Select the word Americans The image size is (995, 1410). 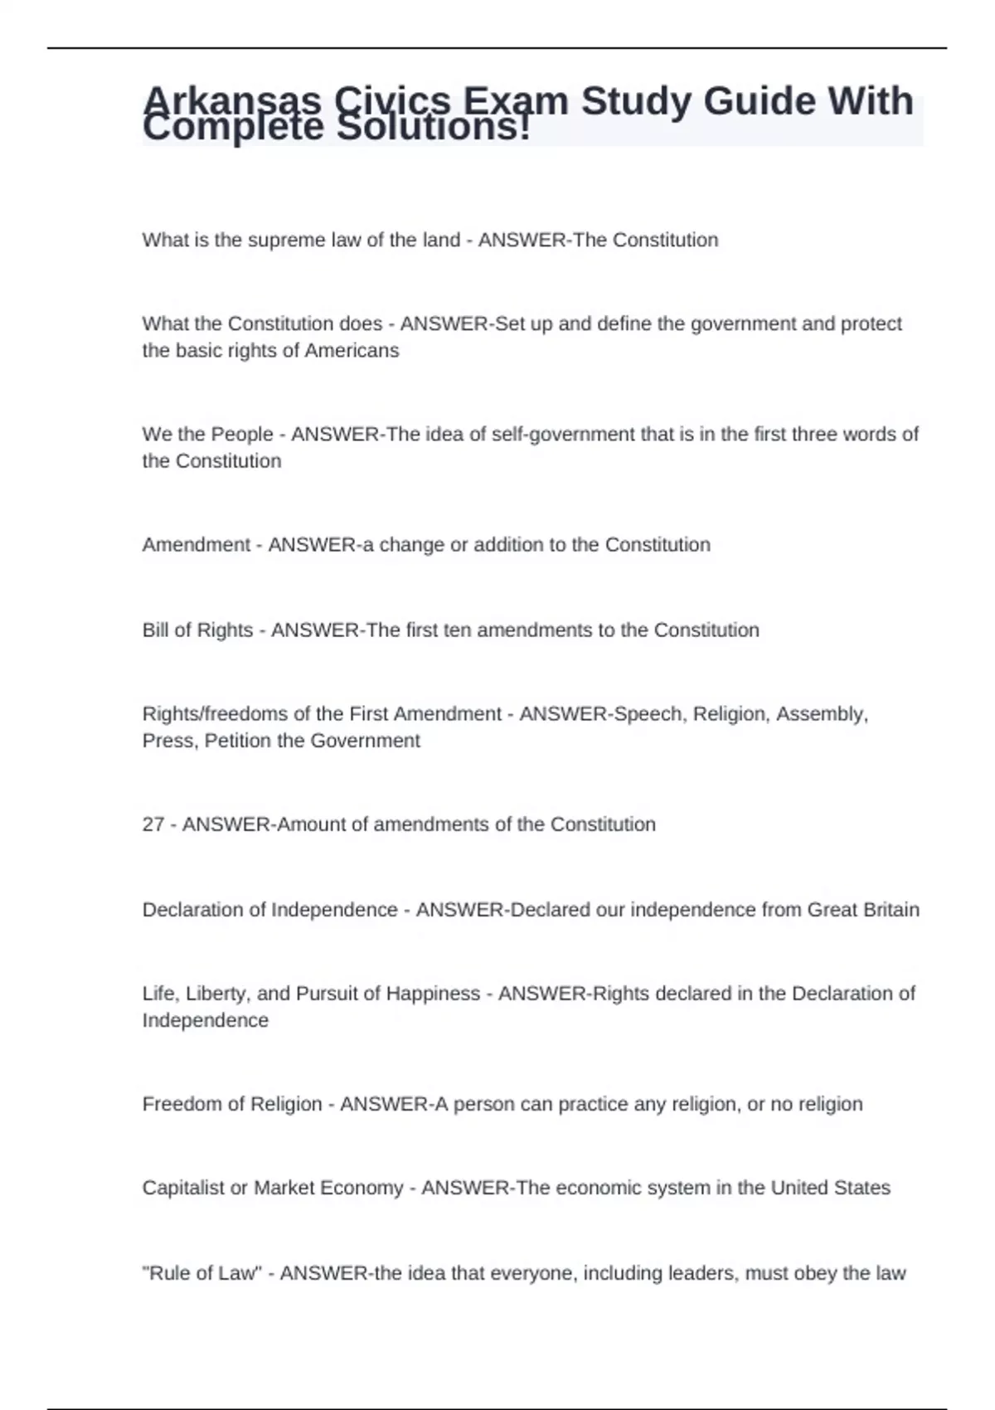[x=352, y=350]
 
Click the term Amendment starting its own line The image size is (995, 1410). [x=196, y=544]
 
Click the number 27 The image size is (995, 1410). [x=153, y=824]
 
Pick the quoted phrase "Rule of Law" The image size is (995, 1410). [x=202, y=1272]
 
